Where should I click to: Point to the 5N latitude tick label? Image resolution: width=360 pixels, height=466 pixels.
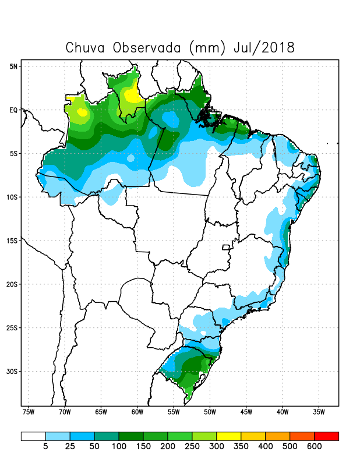point(14,66)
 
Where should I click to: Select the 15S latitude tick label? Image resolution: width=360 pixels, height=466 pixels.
point(12,241)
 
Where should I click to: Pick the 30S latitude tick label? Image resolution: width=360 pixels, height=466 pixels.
point(12,371)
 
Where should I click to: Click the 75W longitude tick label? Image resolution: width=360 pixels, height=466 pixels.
point(28,413)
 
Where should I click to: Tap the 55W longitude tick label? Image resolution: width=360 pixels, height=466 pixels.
point(173,413)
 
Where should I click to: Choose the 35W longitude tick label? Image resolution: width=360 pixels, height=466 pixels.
point(318,413)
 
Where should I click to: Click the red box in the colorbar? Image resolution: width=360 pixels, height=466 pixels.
point(326,436)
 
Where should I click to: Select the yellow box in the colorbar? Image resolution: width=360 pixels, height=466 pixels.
point(228,436)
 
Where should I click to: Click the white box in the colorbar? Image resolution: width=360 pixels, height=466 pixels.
point(33,436)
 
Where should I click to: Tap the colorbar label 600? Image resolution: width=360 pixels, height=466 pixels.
point(314,447)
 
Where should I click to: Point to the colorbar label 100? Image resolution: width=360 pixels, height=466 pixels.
point(118,447)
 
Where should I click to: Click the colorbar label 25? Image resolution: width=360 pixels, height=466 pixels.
point(69,447)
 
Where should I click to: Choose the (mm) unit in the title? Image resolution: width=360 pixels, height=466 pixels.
point(207,47)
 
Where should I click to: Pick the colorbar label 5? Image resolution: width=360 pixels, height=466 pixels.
point(45,447)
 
